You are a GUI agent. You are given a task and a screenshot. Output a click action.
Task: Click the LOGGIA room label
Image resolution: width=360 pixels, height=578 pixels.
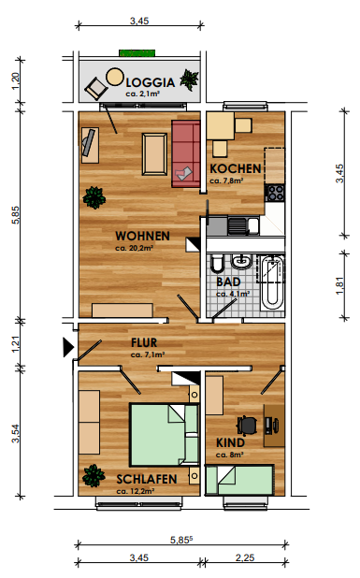point(151,82)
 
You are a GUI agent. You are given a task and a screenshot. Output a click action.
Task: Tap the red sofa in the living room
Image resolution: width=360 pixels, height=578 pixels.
point(186,153)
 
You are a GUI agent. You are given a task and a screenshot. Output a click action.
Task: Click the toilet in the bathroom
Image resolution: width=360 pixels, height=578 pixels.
point(217,263)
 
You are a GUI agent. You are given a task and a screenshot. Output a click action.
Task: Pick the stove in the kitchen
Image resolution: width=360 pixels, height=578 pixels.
point(275,193)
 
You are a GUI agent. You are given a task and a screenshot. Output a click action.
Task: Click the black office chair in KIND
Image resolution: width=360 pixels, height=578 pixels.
point(247,425)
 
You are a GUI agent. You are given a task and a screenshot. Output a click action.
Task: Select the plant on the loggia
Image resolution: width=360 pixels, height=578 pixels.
point(190,79)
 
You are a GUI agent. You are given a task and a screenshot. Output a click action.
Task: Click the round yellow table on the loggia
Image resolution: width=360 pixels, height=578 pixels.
point(115,77)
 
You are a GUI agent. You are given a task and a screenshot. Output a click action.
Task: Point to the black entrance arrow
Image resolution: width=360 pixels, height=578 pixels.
point(68,347)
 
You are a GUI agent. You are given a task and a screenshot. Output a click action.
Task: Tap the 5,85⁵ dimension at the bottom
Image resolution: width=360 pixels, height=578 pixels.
point(181,540)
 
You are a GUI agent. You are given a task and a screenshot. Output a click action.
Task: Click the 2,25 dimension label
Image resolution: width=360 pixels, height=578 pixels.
point(245,557)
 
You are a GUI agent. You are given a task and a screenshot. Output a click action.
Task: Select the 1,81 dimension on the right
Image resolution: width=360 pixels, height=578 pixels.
point(339,285)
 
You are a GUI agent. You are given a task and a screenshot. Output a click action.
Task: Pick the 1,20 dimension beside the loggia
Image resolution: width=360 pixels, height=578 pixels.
point(16,80)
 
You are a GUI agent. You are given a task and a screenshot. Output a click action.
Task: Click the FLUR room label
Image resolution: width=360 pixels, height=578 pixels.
point(144,343)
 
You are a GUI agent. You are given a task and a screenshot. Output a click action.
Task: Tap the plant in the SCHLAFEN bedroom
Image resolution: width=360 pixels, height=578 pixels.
point(94,475)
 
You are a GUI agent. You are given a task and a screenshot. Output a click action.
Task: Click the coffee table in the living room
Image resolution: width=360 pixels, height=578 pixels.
point(155,154)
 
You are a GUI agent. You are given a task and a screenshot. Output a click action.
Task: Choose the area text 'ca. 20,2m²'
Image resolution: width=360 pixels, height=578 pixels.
point(134,248)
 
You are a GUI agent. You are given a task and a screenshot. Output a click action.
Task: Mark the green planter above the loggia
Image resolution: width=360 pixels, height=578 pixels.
point(137,52)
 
